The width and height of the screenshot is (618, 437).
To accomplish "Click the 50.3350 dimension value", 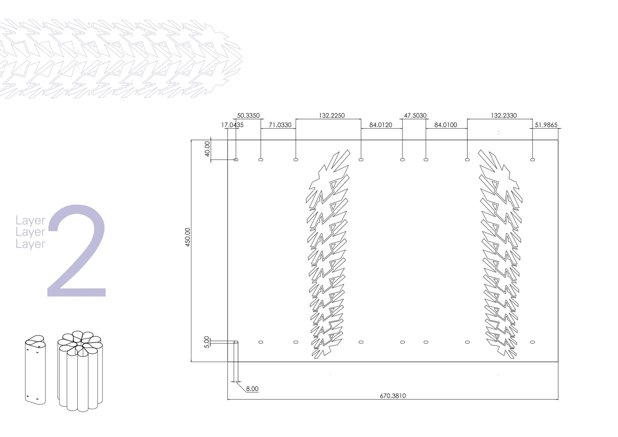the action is click(248, 116).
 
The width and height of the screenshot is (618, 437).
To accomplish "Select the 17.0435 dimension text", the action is click(232, 125).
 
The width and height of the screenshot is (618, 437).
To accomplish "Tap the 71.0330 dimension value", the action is click(280, 125).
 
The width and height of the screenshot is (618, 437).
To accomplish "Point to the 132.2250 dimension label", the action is click(332, 116).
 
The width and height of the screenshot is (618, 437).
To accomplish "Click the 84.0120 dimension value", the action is click(381, 125).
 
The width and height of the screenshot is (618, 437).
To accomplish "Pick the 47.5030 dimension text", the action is click(415, 116).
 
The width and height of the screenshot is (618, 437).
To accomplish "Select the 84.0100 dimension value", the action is click(446, 125).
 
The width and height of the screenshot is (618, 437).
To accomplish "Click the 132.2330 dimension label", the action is click(504, 116).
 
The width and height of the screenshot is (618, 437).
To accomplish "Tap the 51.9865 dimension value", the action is click(546, 125).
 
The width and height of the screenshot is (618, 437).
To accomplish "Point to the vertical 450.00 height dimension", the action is click(188, 237).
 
